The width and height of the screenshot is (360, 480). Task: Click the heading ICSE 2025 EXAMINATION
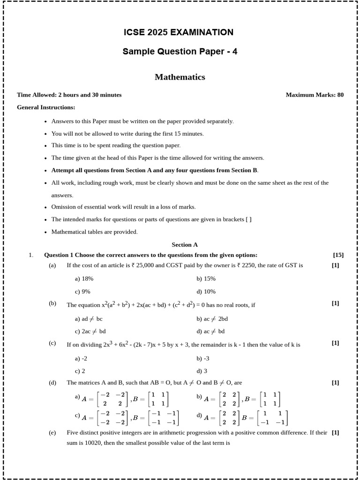pos(178,32)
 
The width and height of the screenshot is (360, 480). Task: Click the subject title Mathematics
pos(180,77)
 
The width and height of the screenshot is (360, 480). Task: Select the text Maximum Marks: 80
pos(315,95)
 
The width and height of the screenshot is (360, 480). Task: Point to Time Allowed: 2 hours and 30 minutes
pos(69,95)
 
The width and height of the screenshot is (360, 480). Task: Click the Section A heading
pos(185,244)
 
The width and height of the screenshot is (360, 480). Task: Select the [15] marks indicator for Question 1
pos(338,255)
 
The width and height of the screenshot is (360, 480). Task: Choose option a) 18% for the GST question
pos(84,278)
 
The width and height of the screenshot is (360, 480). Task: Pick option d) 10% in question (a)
pos(206,292)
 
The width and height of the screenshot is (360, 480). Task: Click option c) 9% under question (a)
pos(82,292)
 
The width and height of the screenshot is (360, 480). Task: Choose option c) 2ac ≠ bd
pos(90,331)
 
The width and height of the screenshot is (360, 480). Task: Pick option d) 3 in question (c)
pos(202,371)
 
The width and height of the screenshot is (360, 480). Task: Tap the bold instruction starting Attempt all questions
pos(154,170)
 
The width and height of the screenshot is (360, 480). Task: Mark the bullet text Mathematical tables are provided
pos(94,232)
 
